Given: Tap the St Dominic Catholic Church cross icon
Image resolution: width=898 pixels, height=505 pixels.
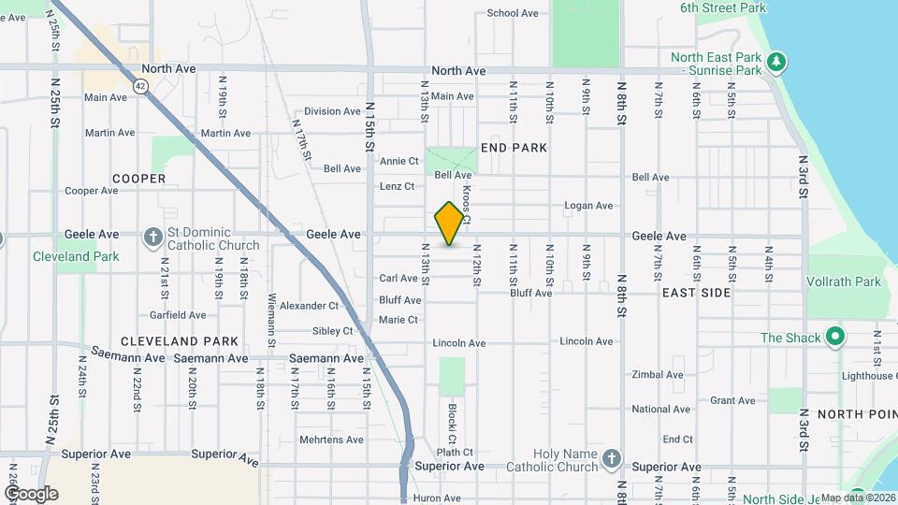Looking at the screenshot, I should (x=153, y=238).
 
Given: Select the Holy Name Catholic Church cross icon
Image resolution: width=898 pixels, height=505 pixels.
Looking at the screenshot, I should (x=611, y=458).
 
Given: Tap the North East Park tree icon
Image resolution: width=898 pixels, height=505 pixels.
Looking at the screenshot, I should (x=775, y=63).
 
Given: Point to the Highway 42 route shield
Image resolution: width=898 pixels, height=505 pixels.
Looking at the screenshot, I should (x=139, y=86).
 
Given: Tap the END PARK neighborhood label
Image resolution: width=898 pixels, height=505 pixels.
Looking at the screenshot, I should (x=514, y=148).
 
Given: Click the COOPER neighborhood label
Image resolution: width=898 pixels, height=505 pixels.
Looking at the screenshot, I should (x=138, y=179).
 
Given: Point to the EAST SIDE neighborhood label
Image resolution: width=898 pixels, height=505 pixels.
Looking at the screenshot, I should (x=696, y=293).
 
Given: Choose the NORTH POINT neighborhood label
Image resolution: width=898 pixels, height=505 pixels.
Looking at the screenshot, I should (x=856, y=413).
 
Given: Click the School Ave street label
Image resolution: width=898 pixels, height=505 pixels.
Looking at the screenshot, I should (x=513, y=13).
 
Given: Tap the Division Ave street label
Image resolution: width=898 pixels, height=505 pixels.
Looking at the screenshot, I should (x=332, y=111).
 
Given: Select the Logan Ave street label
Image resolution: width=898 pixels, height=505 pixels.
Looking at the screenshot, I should (x=588, y=206).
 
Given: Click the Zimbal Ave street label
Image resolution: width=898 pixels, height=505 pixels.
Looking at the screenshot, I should (x=658, y=374).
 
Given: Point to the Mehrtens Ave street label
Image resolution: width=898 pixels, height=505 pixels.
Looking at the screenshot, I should (x=329, y=440).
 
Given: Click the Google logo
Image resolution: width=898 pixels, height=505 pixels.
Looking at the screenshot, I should (x=31, y=494).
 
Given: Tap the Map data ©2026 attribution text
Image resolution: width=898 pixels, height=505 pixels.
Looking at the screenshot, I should (x=858, y=498).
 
